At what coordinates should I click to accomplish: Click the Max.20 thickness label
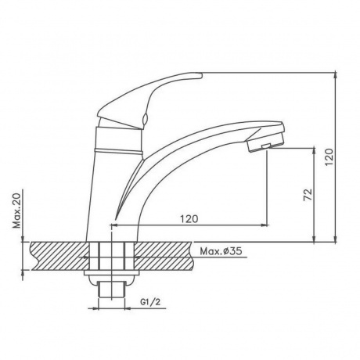[x=17, y=211]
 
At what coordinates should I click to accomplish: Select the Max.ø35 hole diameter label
[x=221, y=251]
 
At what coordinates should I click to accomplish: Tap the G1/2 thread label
[x=150, y=302]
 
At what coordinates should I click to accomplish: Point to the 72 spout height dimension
[x=308, y=194]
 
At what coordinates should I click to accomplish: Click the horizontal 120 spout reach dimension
[x=189, y=218]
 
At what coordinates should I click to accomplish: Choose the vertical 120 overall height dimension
[x=329, y=157]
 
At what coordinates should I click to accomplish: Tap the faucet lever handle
[x=149, y=100]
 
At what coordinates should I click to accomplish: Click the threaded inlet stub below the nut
[x=112, y=289]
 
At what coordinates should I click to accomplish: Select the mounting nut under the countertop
[x=112, y=273]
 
